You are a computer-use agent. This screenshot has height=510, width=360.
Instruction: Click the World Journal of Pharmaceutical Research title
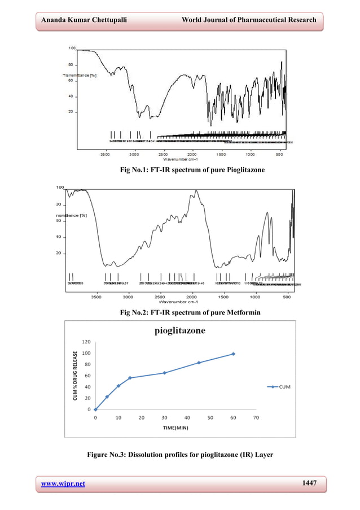coord(249,21)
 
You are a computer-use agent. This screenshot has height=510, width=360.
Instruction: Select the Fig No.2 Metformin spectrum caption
coord(180,312)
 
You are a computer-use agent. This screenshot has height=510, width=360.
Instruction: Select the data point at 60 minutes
coord(233,354)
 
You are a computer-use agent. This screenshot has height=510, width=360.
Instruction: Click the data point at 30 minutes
coord(164,373)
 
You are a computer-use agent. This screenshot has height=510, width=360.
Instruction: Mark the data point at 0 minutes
coord(95,409)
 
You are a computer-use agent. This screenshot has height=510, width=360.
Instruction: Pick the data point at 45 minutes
coord(199,363)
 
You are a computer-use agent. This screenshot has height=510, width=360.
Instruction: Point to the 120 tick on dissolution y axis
coord(86,342)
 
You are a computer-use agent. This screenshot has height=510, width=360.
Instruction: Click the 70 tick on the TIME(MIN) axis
coord(256,418)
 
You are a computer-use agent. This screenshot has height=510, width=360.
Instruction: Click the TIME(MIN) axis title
coord(175,429)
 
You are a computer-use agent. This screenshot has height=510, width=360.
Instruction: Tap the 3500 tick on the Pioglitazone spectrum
coord(105,153)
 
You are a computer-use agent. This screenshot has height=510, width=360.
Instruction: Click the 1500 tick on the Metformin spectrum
coord(223,296)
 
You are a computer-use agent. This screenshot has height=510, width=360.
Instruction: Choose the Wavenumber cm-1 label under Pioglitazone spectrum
coord(179,159)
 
